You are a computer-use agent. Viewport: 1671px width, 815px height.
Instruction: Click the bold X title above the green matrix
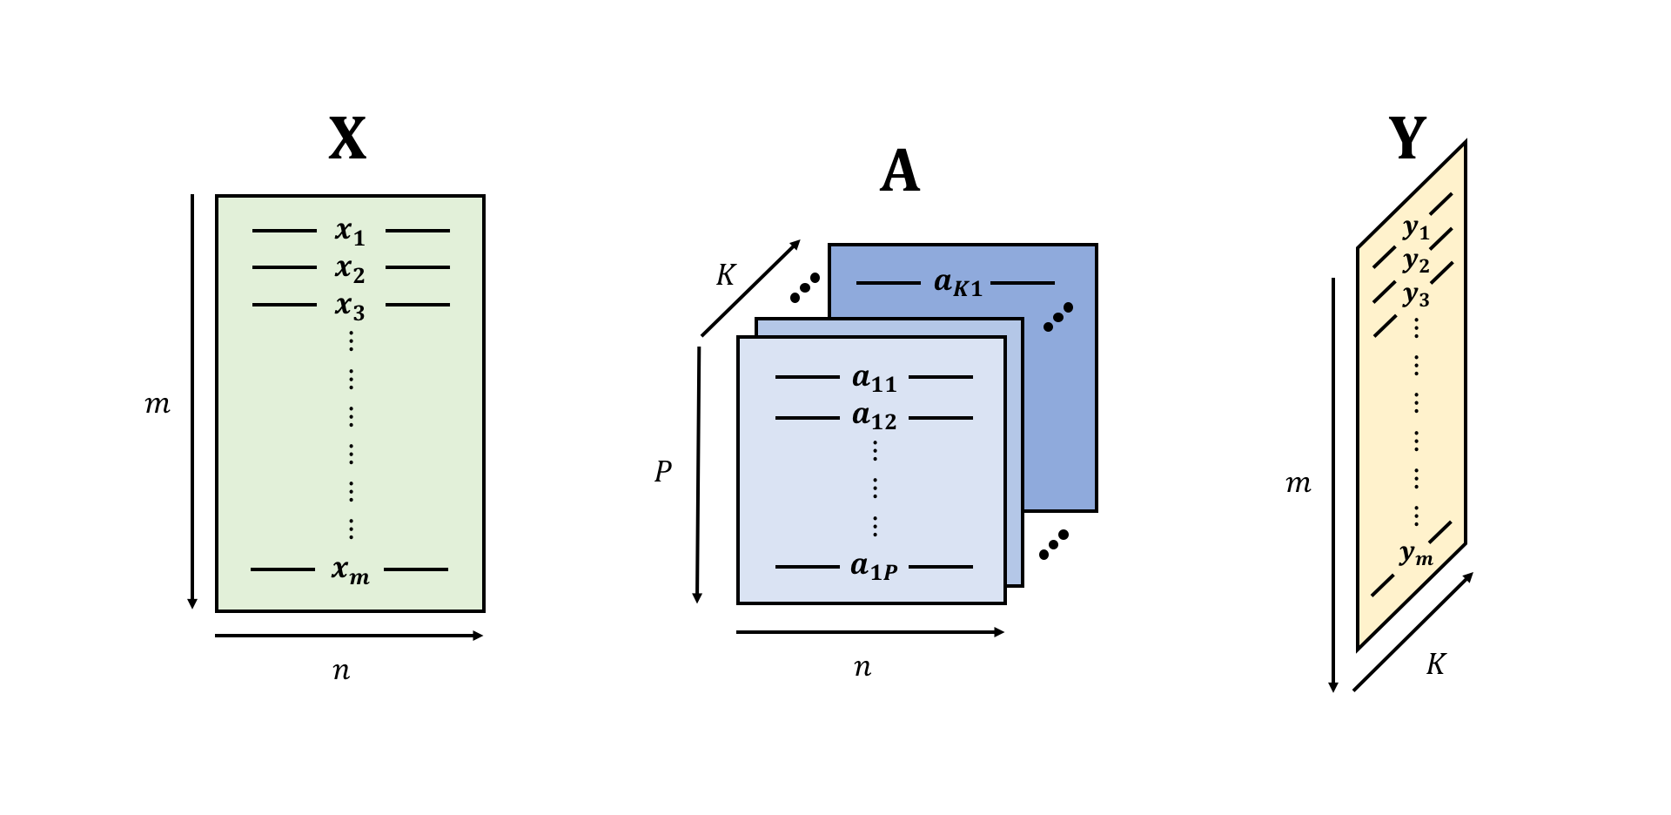[347, 139]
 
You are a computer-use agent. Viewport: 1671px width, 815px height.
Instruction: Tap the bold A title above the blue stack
[900, 172]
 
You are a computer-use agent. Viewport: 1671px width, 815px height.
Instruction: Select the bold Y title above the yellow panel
[1406, 138]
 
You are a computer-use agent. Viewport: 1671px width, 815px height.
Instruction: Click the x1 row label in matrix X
[350, 232]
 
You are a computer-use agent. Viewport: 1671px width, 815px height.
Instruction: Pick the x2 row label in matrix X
[350, 269]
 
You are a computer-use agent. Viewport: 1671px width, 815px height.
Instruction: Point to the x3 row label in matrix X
[350, 306]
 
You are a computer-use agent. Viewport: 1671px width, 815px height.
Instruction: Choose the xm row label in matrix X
[350, 570]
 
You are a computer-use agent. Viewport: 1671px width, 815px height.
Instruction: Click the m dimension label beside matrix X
[158, 405]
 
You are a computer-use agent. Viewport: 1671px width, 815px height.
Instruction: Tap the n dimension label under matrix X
[341, 670]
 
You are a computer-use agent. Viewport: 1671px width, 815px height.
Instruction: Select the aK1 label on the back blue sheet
[957, 283]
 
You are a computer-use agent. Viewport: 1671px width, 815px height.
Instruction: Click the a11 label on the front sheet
[874, 379]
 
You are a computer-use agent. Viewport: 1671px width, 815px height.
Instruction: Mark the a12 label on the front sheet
[874, 418]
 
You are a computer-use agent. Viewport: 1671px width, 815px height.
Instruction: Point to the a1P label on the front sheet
[874, 568]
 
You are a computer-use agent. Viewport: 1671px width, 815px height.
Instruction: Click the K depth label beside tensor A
[725, 276]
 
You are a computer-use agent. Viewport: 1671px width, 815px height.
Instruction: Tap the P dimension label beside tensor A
[663, 472]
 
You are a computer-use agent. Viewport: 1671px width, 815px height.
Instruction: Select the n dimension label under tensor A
[862, 667]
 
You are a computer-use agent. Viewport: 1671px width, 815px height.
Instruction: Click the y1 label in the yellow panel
[1416, 229]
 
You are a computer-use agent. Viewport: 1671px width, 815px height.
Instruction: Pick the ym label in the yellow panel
[1416, 554]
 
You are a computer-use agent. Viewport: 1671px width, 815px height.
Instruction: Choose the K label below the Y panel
[1435, 665]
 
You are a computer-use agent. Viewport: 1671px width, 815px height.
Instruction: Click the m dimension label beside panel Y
[1298, 484]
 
